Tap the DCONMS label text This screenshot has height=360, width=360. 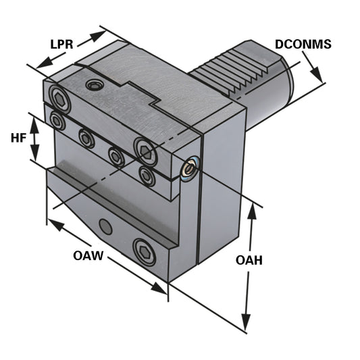click(303, 45)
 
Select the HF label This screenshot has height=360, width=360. click(19, 138)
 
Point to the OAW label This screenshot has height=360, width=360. click(89, 256)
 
